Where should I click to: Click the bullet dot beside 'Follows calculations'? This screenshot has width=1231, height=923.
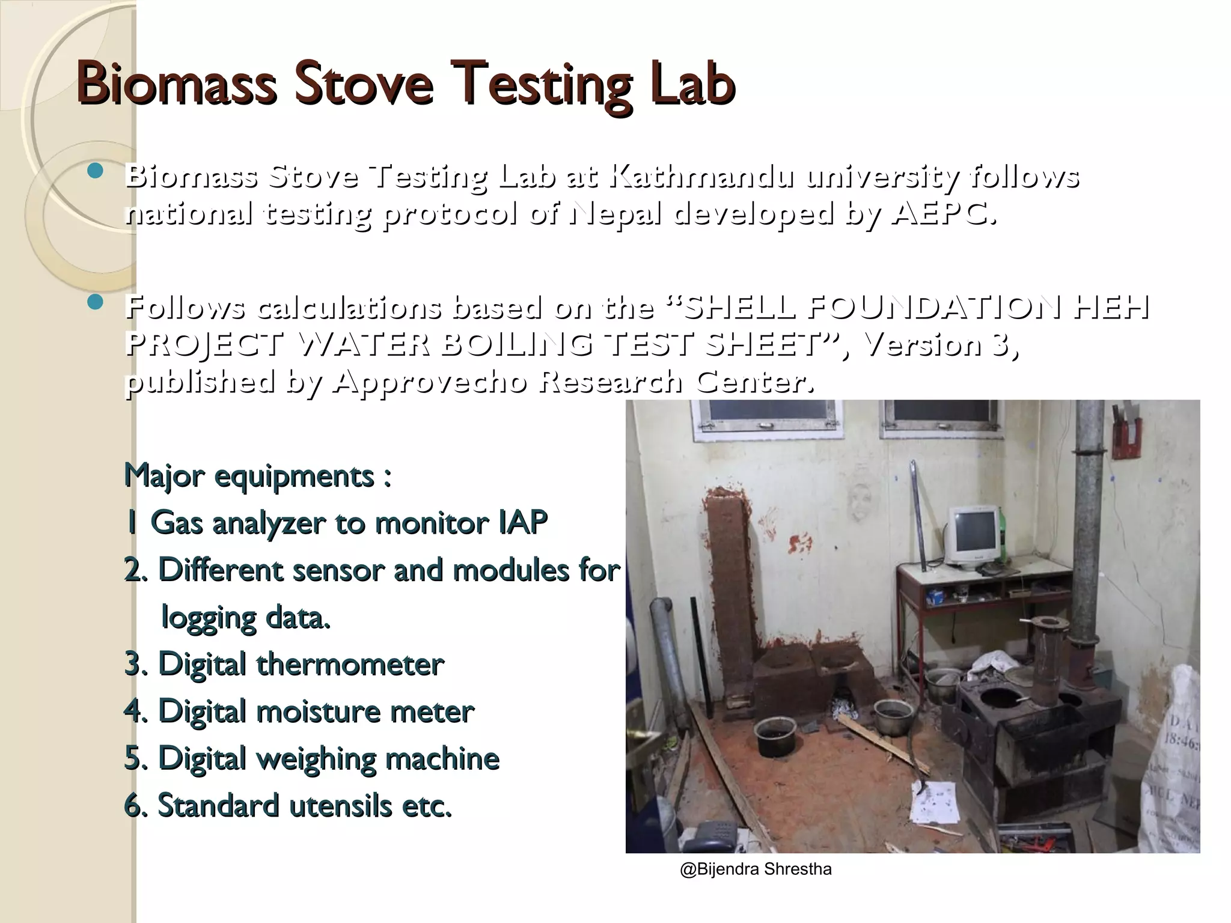pyautogui.click(x=95, y=302)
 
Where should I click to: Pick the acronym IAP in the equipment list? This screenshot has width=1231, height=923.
pyautogui.click(x=522, y=522)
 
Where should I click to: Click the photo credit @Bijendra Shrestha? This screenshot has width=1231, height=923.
pyautogui.click(x=756, y=870)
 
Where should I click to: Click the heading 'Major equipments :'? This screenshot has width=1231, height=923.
pyautogui.click(x=258, y=476)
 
